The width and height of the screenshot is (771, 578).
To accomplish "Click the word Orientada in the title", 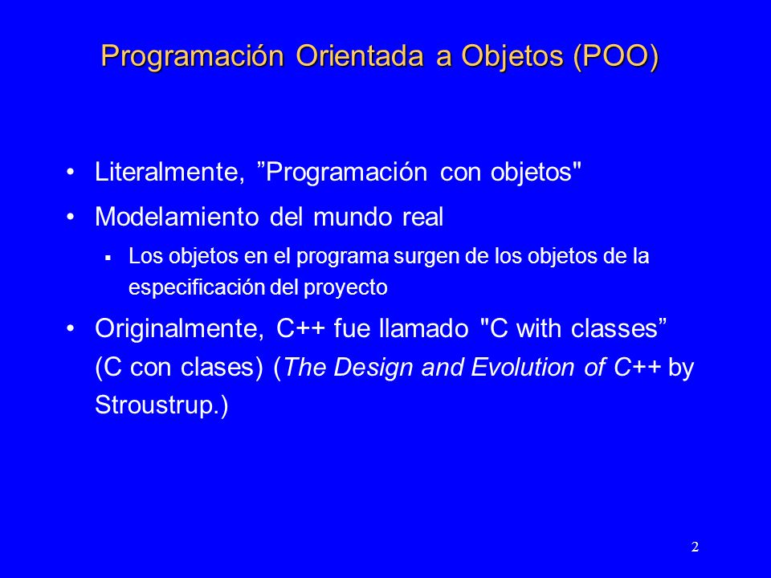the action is click(360, 55).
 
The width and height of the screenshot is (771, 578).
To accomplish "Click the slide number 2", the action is click(695, 547).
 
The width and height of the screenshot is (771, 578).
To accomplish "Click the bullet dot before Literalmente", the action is click(71, 172).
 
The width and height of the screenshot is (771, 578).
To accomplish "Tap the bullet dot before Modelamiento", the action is click(71, 217).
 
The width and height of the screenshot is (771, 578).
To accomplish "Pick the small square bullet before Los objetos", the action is click(108, 257).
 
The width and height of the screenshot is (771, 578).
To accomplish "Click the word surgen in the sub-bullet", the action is click(426, 257).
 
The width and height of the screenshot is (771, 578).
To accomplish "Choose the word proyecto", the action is click(345, 288).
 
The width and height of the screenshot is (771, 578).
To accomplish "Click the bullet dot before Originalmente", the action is click(71, 328).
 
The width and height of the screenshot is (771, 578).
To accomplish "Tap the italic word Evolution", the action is click(522, 367).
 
